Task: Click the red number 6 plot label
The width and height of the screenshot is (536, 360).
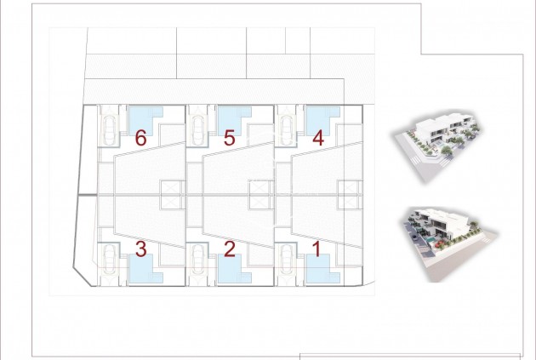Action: coord(141,138)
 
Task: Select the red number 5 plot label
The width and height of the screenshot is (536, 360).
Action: coord(230,138)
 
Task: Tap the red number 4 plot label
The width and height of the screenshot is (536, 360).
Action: coord(318,138)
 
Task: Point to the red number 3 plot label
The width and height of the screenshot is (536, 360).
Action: coord(141,249)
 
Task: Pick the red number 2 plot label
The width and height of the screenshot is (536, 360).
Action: coord(230,249)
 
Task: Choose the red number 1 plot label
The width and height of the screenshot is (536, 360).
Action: coord(317,249)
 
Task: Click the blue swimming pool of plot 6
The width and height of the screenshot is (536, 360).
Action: coord(145,121)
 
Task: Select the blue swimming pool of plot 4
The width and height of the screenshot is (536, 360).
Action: coord(322,121)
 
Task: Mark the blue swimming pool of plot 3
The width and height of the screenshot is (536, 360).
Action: coord(145,269)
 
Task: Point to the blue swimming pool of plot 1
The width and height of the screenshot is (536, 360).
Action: coord(322,269)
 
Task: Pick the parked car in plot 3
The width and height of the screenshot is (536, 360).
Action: coord(110,260)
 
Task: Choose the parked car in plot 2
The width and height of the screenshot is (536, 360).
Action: coord(198,260)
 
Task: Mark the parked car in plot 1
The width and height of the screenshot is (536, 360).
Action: coord(287,260)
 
